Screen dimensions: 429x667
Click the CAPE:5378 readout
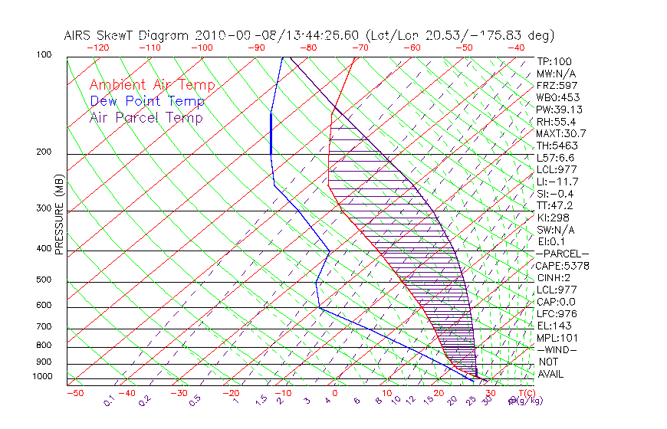[563, 266]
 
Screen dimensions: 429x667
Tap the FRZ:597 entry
[556, 86]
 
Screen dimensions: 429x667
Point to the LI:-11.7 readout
[557, 182]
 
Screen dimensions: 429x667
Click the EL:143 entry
[554, 326]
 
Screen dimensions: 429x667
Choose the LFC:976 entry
[556, 314]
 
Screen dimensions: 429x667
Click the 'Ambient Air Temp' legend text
[152, 85]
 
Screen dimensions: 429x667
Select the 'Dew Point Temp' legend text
[146, 101]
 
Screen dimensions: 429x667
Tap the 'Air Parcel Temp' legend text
[146, 117]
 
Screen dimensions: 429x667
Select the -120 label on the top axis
[98, 47]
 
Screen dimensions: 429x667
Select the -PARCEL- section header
[562, 254]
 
